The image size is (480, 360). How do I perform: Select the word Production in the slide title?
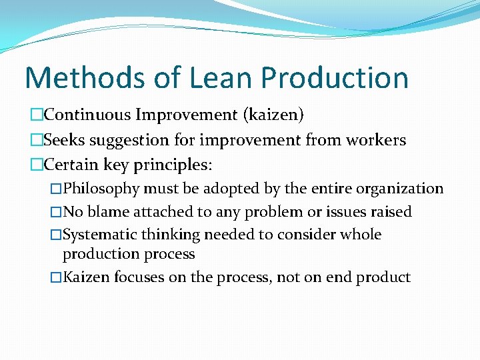tap(335, 77)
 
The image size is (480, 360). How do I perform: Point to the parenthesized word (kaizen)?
tap(267, 115)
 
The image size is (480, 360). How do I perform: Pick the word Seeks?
tap(64, 140)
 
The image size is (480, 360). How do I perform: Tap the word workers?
tap(375, 140)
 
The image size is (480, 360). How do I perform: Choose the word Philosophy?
tap(103, 189)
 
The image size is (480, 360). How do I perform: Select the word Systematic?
tap(101, 235)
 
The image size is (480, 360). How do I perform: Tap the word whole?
tap(360, 235)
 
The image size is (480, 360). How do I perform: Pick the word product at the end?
tap(385, 277)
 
